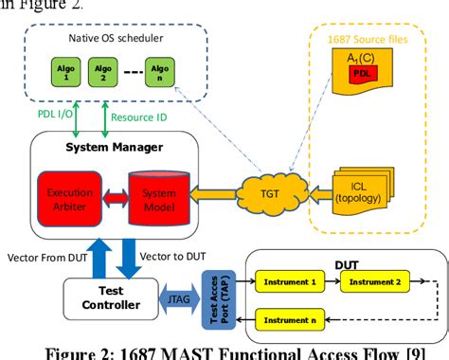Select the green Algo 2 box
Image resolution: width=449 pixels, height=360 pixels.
coord(100,72)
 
